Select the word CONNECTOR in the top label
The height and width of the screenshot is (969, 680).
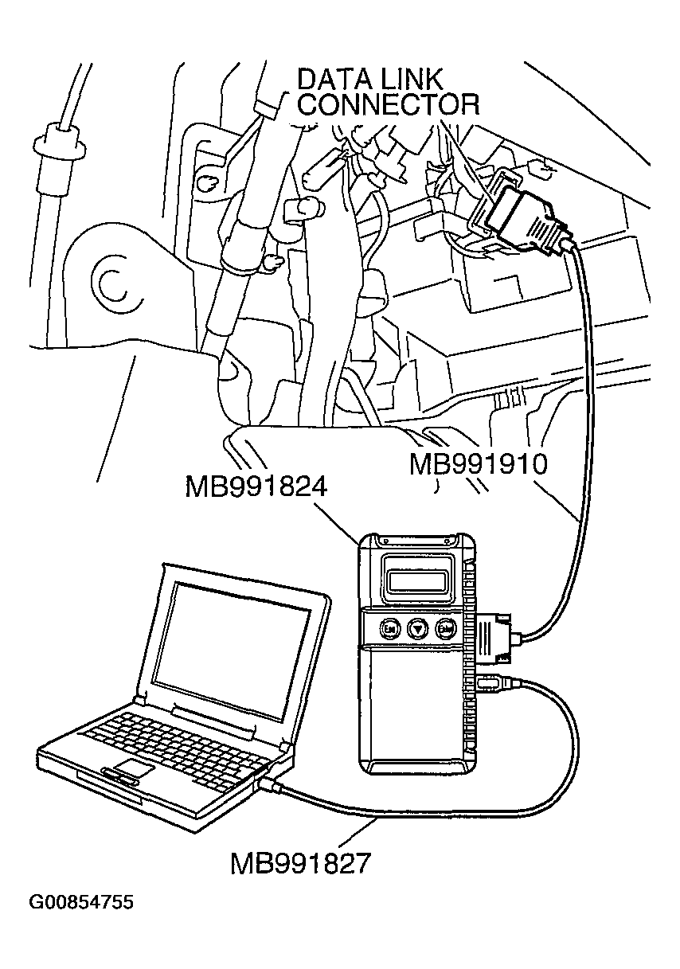click(389, 105)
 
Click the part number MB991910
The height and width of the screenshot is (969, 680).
click(479, 464)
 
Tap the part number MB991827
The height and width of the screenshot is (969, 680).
click(300, 863)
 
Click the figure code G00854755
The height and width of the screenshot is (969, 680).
click(81, 903)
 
